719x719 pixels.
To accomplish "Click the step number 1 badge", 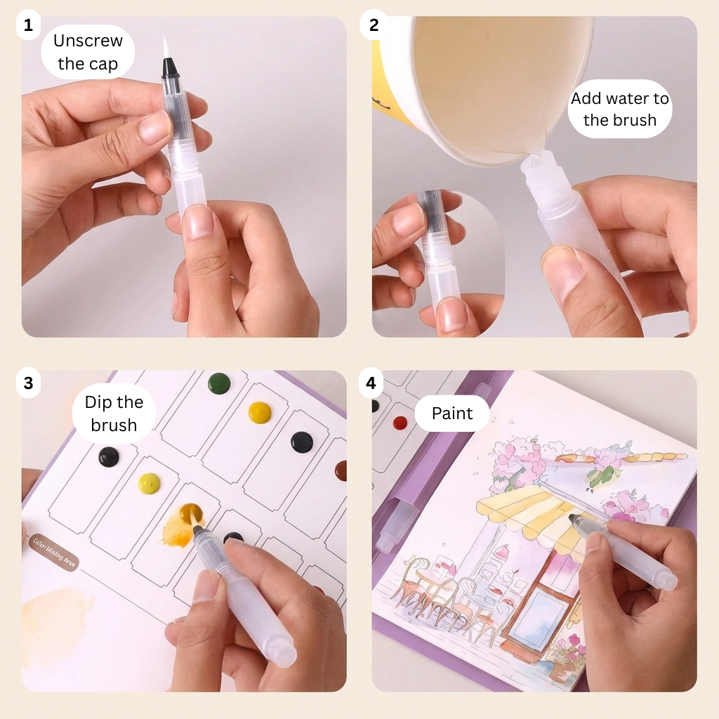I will [28, 27].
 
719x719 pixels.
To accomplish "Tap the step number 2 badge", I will [374, 27].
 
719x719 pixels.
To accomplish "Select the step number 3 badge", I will [28, 383].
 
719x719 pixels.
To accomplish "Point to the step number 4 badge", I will [374, 383].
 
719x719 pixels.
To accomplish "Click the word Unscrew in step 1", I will [88, 41].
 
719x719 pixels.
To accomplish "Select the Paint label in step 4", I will [452, 414].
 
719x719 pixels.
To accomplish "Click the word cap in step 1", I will [103, 65].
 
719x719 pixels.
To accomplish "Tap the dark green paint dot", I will [219, 383].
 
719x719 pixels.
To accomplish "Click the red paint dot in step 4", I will [400, 423].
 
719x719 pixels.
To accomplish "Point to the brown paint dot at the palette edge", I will [341, 470].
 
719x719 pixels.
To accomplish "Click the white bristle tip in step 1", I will [166, 48].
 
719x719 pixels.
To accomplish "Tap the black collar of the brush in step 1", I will [169, 68].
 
